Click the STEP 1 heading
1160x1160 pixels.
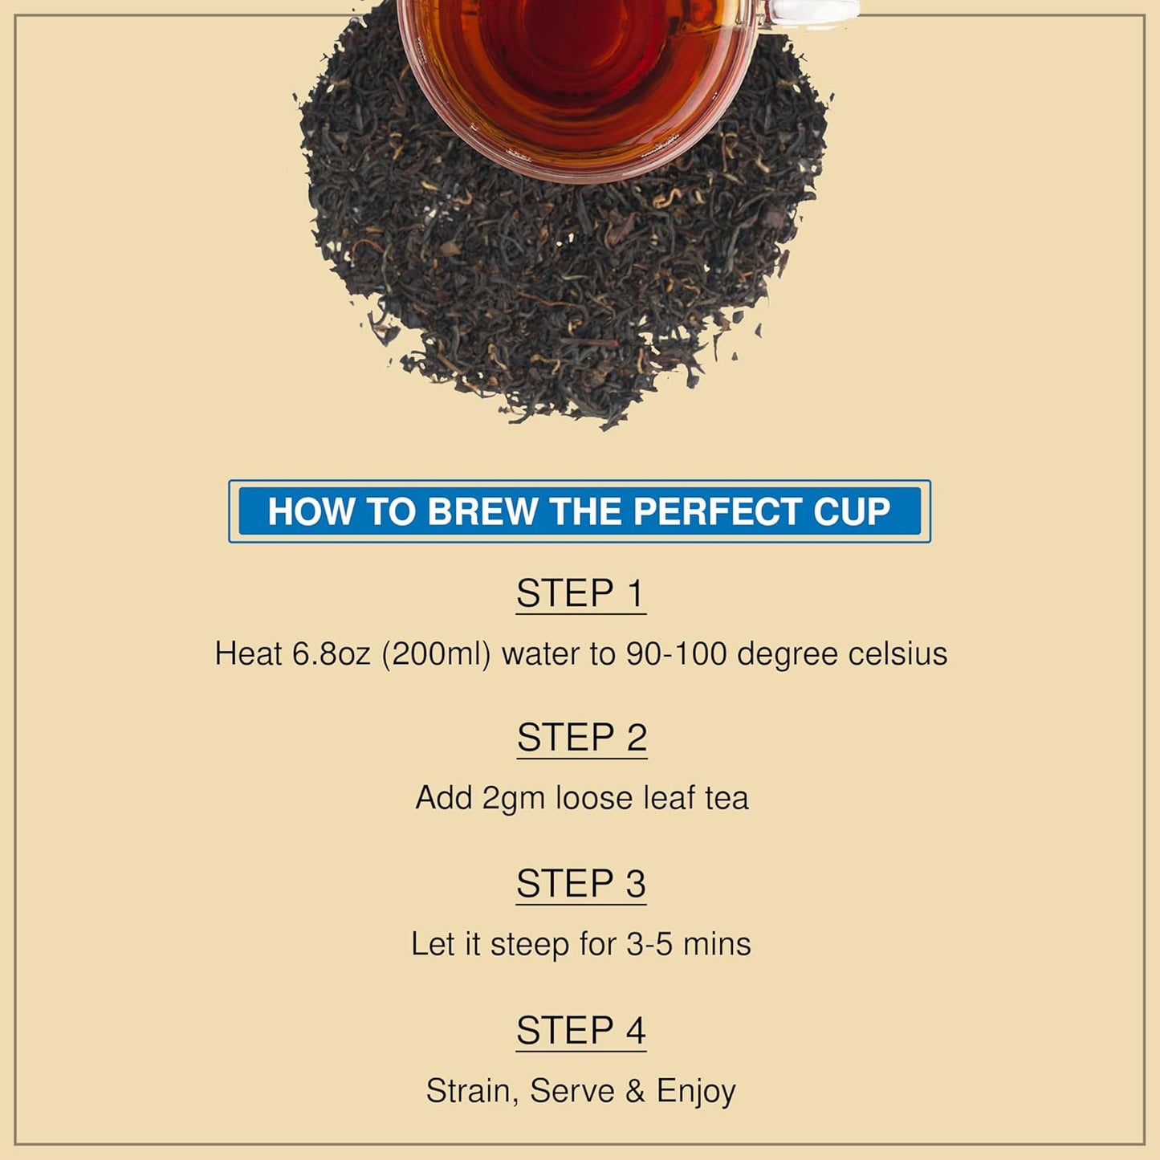(580, 594)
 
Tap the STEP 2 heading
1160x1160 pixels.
(581, 738)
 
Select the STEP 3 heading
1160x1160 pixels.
(580, 884)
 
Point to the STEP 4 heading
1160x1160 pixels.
(580, 1031)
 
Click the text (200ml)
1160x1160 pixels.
(436, 653)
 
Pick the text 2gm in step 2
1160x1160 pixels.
(513, 799)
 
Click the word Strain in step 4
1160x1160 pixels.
(472, 1091)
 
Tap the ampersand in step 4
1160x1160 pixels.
(635, 1091)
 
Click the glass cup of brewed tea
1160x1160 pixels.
(574, 72)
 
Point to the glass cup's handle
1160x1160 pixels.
(811, 14)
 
